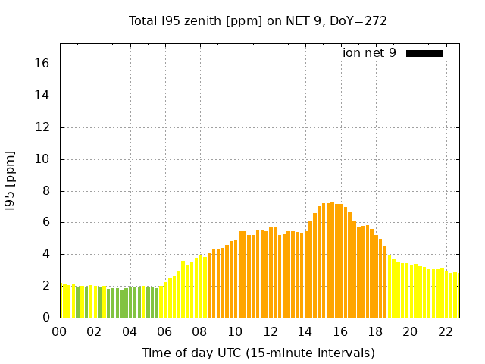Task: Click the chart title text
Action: click(x=258, y=21)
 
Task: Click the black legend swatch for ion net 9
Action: click(x=424, y=53)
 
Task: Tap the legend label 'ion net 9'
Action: click(x=369, y=53)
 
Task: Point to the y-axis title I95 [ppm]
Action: click(x=10, y=180)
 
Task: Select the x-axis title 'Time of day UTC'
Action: click(x=258, y=353)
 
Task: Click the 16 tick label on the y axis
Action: click(x=43, y=64)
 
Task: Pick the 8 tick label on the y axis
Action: click(x=46, y=191)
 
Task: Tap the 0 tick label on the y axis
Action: click(x=46, y=318)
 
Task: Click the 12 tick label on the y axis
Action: click(x=43, y=127)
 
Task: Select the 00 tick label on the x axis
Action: click(x=60, y=332)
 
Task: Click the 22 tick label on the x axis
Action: click(x=446, y=332)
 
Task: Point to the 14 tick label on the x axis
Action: click(x=305, y=332)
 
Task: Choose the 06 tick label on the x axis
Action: click(x=165, y=332)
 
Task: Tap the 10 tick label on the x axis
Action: click(x=235, y=332)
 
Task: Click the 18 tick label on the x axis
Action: click(x=375, y=332)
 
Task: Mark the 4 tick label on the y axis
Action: click(x=46, y=254)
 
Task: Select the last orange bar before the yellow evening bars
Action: click(x=385, y=281)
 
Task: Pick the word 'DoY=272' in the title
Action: click(x=362, y=21)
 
